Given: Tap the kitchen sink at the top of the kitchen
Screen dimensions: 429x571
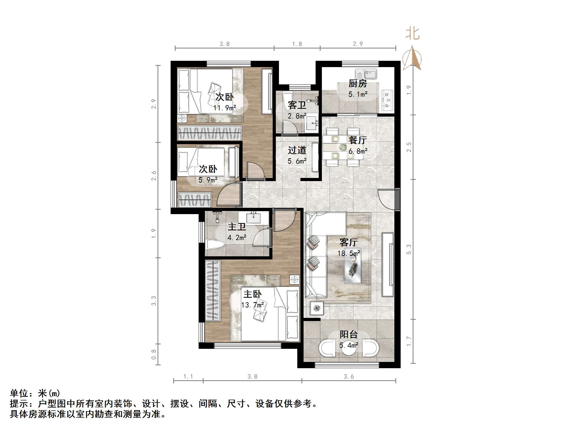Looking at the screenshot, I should [x=366, y=74].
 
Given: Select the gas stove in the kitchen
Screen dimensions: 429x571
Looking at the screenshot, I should [x=387, y=100].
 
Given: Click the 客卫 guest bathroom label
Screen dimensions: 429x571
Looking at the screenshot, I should [x=297, y=105].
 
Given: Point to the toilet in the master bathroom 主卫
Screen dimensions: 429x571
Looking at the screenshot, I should [x=215, y=245].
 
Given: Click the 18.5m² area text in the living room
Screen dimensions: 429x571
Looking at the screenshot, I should [x=349, y=253].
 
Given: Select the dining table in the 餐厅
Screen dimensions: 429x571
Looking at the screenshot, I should [x=343, y=147].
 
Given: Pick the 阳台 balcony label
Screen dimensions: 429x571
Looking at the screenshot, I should [x=349, y=334].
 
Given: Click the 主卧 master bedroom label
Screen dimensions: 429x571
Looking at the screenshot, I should [x=252, y=294].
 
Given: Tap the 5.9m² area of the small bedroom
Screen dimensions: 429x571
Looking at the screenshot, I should [x=208, y=180].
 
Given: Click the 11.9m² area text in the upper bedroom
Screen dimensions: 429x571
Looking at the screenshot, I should [x=225, y=108].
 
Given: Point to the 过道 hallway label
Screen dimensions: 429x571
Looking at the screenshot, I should [x=297, y=150].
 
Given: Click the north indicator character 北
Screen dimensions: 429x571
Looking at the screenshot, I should [x=412, y=34].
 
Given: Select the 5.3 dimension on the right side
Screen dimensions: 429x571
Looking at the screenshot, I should [x=409, y=249].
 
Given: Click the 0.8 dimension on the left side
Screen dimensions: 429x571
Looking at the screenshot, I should [x=154, y=354].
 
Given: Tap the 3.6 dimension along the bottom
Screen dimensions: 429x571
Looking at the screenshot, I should [x=349, y=377].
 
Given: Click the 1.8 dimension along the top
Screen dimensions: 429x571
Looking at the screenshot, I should [x=297, y=44].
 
